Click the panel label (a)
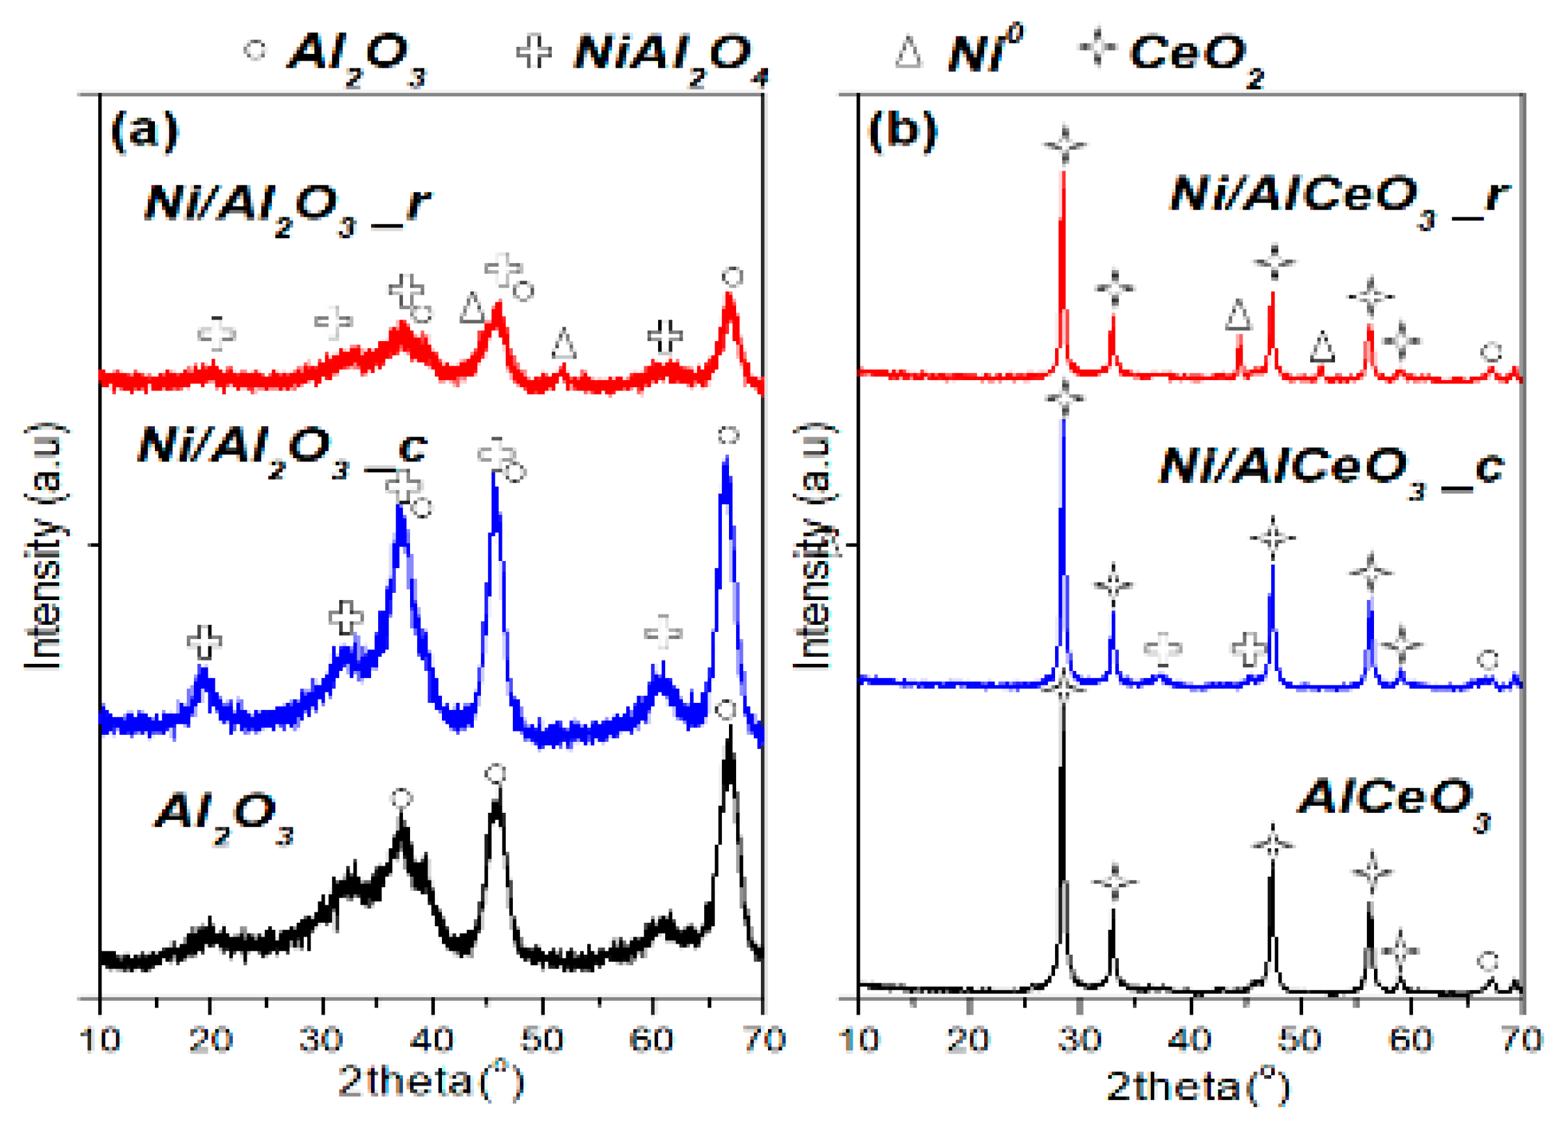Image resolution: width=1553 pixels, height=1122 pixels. [144, 130]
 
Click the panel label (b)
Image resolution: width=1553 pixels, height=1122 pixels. [902, 130]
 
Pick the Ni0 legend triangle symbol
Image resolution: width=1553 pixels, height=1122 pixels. [909, 53]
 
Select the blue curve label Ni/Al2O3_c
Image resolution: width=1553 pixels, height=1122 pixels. [281, 452]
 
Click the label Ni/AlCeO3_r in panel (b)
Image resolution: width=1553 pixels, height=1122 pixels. [1339, 198]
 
